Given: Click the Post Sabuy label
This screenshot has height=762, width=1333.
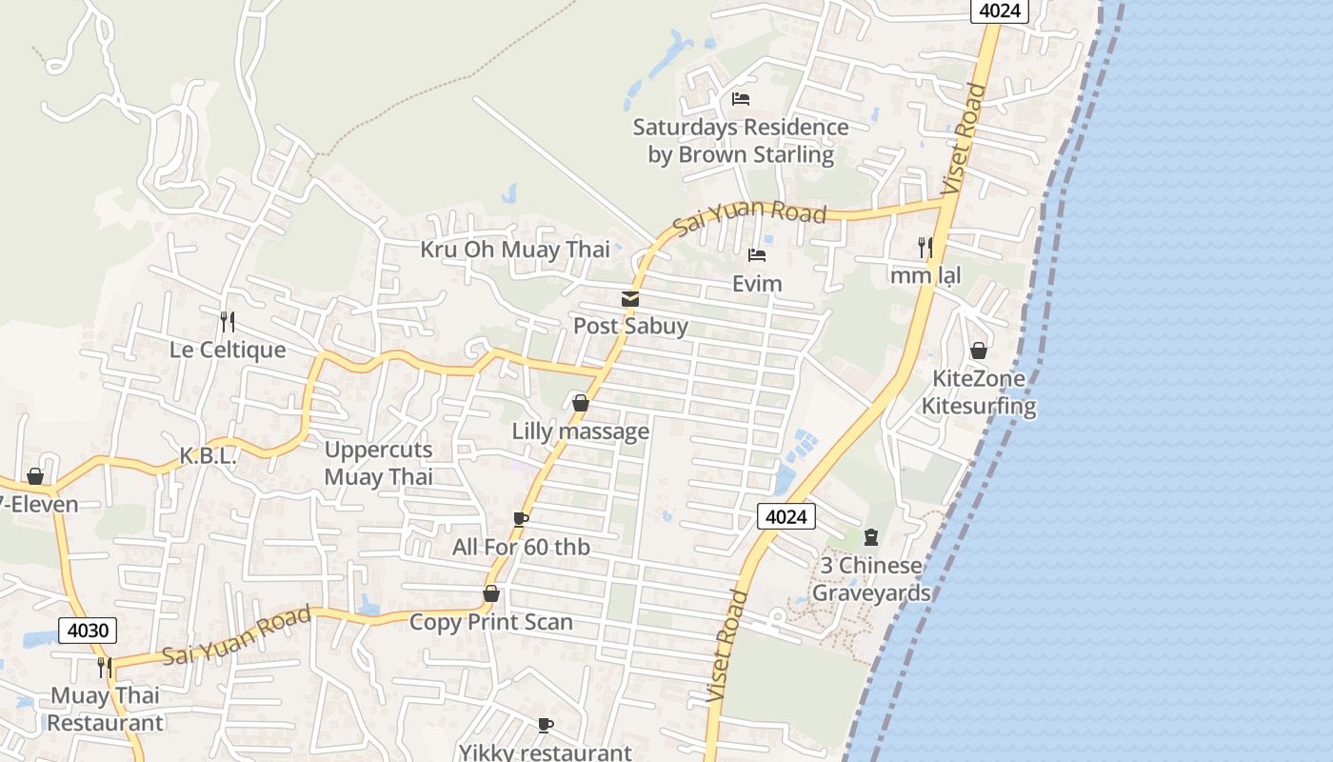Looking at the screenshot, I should (630, 326).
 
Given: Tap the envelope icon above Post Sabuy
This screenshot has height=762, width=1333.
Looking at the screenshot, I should (630, 299).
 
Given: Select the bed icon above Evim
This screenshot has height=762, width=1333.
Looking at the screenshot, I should (757, 255).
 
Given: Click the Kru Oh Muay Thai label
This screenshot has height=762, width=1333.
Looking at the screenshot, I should (515, 250).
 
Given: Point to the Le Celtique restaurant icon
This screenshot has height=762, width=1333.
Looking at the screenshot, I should (227, 322).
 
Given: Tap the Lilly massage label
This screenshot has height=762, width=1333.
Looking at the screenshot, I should (581, 431).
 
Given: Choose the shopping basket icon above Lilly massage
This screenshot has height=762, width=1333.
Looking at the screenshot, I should (580, 404).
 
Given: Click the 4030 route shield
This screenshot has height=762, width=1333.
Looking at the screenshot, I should (88, 630).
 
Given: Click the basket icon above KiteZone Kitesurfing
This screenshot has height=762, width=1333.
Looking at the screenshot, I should (978, 351).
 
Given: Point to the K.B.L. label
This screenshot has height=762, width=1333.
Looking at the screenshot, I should (208, 456).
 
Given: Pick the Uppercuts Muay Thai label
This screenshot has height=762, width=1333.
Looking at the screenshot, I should (379, 463).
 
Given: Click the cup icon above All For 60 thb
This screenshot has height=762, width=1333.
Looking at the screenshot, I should (520, 519).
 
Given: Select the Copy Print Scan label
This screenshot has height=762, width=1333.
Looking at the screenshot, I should (491, 622).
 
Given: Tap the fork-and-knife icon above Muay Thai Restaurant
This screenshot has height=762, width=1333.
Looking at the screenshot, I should (105, 667).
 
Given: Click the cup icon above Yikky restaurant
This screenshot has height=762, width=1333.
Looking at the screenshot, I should (546, 726).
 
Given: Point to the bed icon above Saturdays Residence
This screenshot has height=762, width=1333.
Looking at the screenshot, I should (741, 99).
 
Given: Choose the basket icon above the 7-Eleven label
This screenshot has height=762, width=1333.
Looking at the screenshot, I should (35, 476).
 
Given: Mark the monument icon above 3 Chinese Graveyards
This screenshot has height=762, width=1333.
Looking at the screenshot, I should (871, 537).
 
